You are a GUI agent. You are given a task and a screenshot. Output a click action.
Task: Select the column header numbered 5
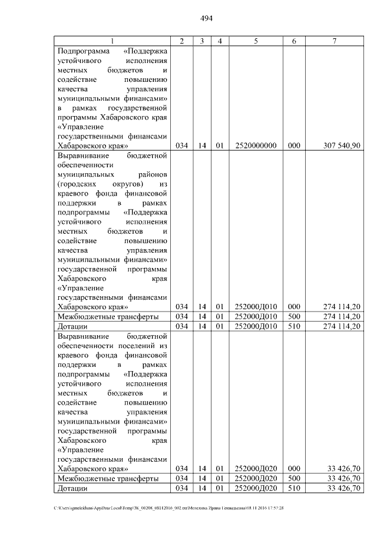256,40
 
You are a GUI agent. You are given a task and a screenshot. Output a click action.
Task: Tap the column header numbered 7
335,40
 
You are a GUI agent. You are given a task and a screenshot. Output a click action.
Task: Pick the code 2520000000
256,145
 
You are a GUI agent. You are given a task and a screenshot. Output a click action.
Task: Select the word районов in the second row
150,175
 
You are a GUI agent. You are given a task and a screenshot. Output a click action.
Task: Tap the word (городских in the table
76,184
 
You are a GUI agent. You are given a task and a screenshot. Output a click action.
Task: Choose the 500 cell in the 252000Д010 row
294,316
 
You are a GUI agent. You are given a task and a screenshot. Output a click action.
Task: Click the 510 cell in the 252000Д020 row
294,488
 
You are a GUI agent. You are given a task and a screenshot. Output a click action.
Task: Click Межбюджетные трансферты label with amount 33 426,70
107,478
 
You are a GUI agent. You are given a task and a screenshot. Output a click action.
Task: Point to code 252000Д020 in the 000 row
256,469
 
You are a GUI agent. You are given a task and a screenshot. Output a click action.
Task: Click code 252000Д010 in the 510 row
256,326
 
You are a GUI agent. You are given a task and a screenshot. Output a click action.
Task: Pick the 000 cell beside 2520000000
294,145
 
